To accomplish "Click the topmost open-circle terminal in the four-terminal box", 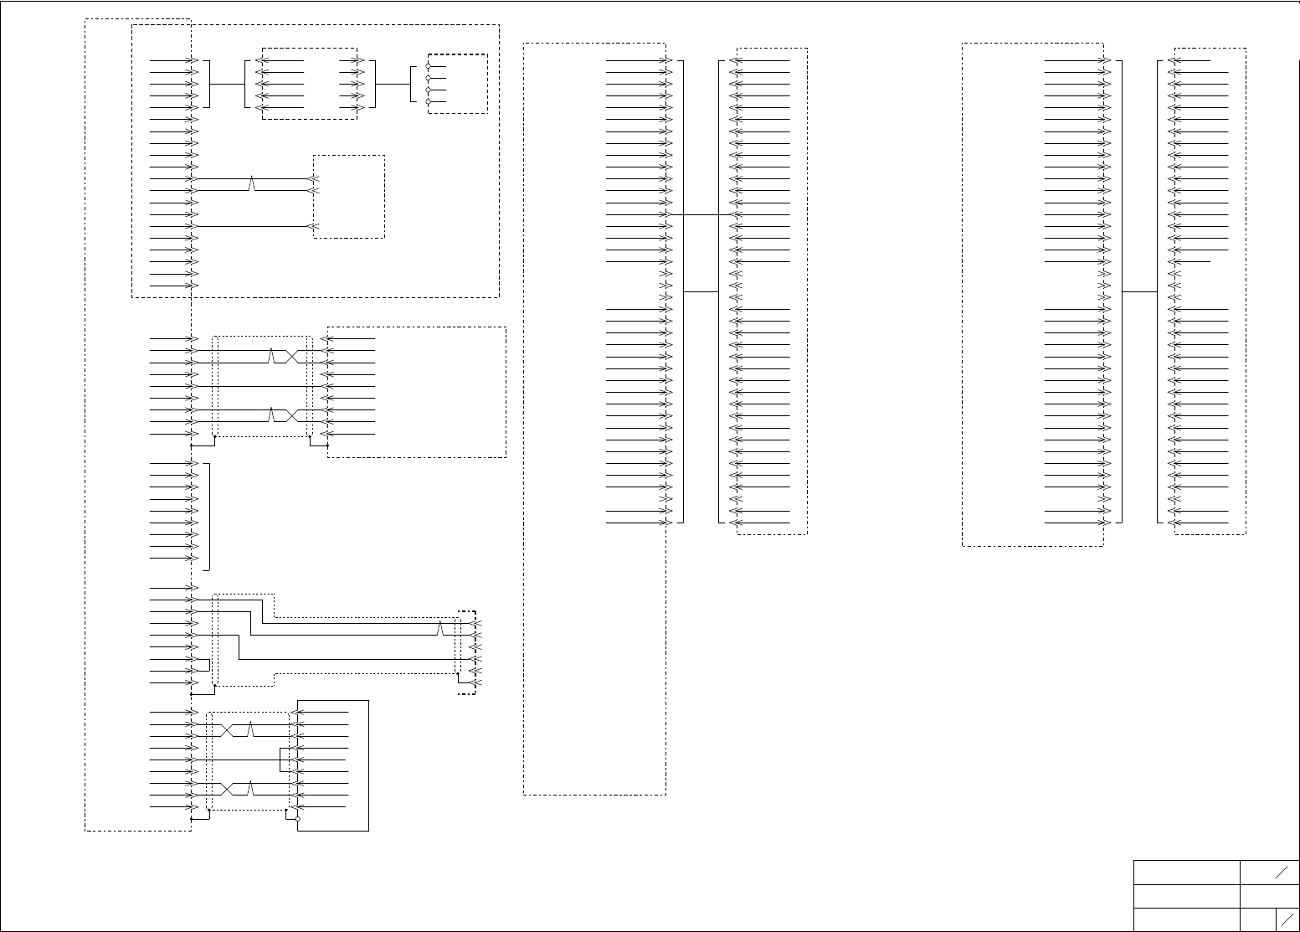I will point(429,66).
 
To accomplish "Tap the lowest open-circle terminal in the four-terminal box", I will point(429,101).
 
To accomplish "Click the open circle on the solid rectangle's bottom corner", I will point(297,819).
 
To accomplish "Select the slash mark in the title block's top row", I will point(1282,873).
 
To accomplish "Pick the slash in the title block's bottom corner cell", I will point(1287,918).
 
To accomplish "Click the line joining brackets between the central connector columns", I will point(701,291).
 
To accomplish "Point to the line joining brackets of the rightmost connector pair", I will point(1139,291).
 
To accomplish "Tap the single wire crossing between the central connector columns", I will point(701,214).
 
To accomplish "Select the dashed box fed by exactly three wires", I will point(349,197).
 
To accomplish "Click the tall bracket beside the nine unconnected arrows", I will point(208,516).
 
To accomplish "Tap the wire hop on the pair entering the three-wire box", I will point(252,184).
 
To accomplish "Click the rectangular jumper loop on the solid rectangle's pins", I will point(285,760).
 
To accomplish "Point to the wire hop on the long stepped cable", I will point(440,628).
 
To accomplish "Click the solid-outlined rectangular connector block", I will point(333,765).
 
